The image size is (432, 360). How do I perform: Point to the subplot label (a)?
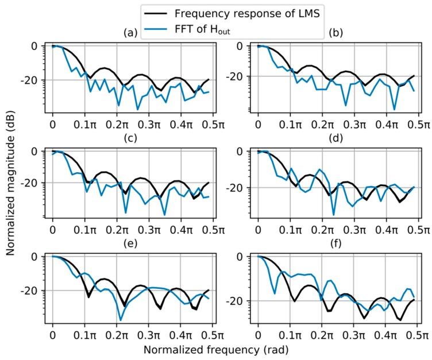[131, 33]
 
